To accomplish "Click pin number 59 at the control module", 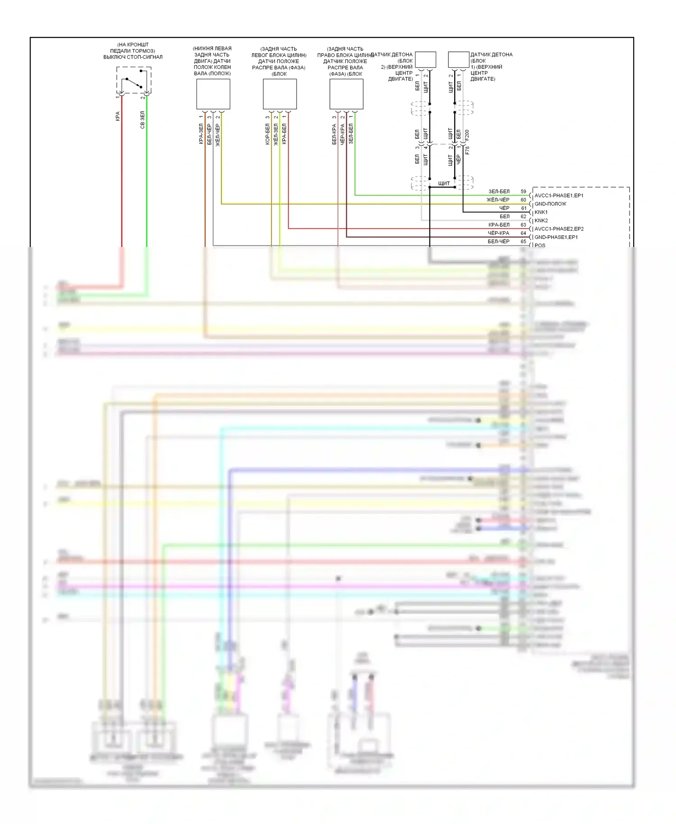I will (x=523, y=192).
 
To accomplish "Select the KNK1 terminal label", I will (x=541, y=212).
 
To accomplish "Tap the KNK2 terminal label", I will (x=541, y=220).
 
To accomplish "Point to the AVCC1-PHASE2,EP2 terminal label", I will (x=559, y=229).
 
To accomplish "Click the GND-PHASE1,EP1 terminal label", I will (x=556, y=237).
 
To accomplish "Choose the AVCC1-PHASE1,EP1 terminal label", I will (x=559, y=196).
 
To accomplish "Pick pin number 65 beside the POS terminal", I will (x=523, y=242).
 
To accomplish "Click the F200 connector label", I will (x=467, y=135).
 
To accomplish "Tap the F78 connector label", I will (x=467, y=150).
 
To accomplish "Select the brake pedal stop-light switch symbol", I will (x=134, y=80).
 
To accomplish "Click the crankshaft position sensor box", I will (x=213, y=94).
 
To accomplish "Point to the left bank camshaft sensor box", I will (x=280, y=94).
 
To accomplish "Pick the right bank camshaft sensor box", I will (x=346, y=94).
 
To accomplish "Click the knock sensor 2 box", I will (x=425, y=60).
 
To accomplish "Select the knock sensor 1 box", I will (x=458, y=60).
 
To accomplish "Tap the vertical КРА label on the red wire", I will (x=118, y=116).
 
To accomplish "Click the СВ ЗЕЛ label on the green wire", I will (x=142, y=120).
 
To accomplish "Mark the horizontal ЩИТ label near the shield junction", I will (x=444, y=183).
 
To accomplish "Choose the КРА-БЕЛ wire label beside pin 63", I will (x=499, y=225).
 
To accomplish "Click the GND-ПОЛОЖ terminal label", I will (x=550, y=204).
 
